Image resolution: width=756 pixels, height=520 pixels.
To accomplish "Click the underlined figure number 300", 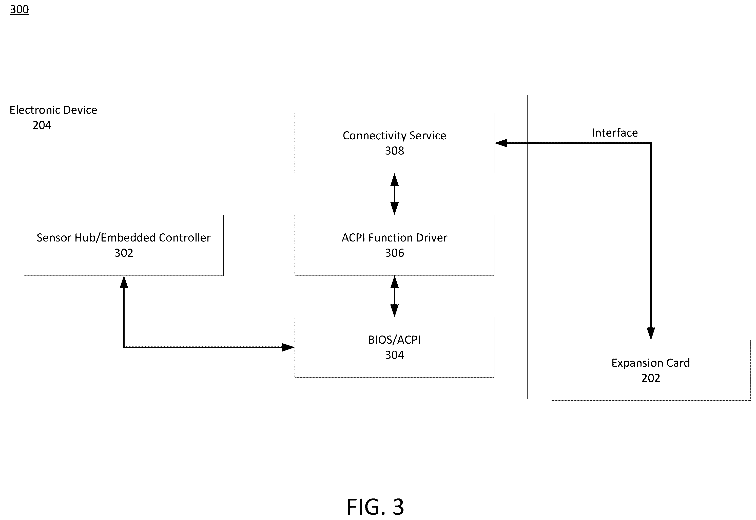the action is tap(20, 9).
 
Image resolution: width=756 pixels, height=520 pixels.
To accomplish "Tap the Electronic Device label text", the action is tap(53, 110).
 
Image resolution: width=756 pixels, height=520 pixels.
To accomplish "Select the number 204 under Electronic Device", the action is tap(42, 125).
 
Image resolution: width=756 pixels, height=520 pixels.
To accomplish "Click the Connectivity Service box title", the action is tap(394, 136).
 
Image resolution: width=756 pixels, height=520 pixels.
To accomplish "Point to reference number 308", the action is tap(394, 151).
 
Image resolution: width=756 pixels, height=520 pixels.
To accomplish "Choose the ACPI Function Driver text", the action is tap(394, 238).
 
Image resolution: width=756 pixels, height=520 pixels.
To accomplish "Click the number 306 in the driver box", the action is tap(394, 253).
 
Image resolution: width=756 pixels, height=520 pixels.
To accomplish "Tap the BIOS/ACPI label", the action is tap(394, 340).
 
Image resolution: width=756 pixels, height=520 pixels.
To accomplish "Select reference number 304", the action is tap(394, 355).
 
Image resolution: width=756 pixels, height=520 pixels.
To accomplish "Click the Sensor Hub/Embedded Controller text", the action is tap(124, 238).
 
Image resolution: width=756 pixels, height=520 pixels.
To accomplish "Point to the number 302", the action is tap(124, 253).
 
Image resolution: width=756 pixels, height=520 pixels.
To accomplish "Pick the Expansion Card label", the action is tap(650, 363).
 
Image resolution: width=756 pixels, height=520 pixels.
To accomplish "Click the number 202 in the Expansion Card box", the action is tap(650, 378).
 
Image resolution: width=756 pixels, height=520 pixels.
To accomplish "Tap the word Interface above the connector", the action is tap(615, 133).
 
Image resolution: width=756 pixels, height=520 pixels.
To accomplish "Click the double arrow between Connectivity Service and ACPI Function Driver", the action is tap(394, 194).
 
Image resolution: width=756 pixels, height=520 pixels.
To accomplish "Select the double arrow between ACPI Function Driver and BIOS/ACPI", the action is tap(394, 296).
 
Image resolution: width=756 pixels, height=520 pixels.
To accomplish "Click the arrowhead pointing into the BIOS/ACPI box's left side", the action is tap(288, 347).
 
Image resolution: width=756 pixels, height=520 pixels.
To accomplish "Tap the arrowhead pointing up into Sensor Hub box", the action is tap(124, 282).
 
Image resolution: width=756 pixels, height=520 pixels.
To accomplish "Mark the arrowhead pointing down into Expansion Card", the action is tap(650, 334).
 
